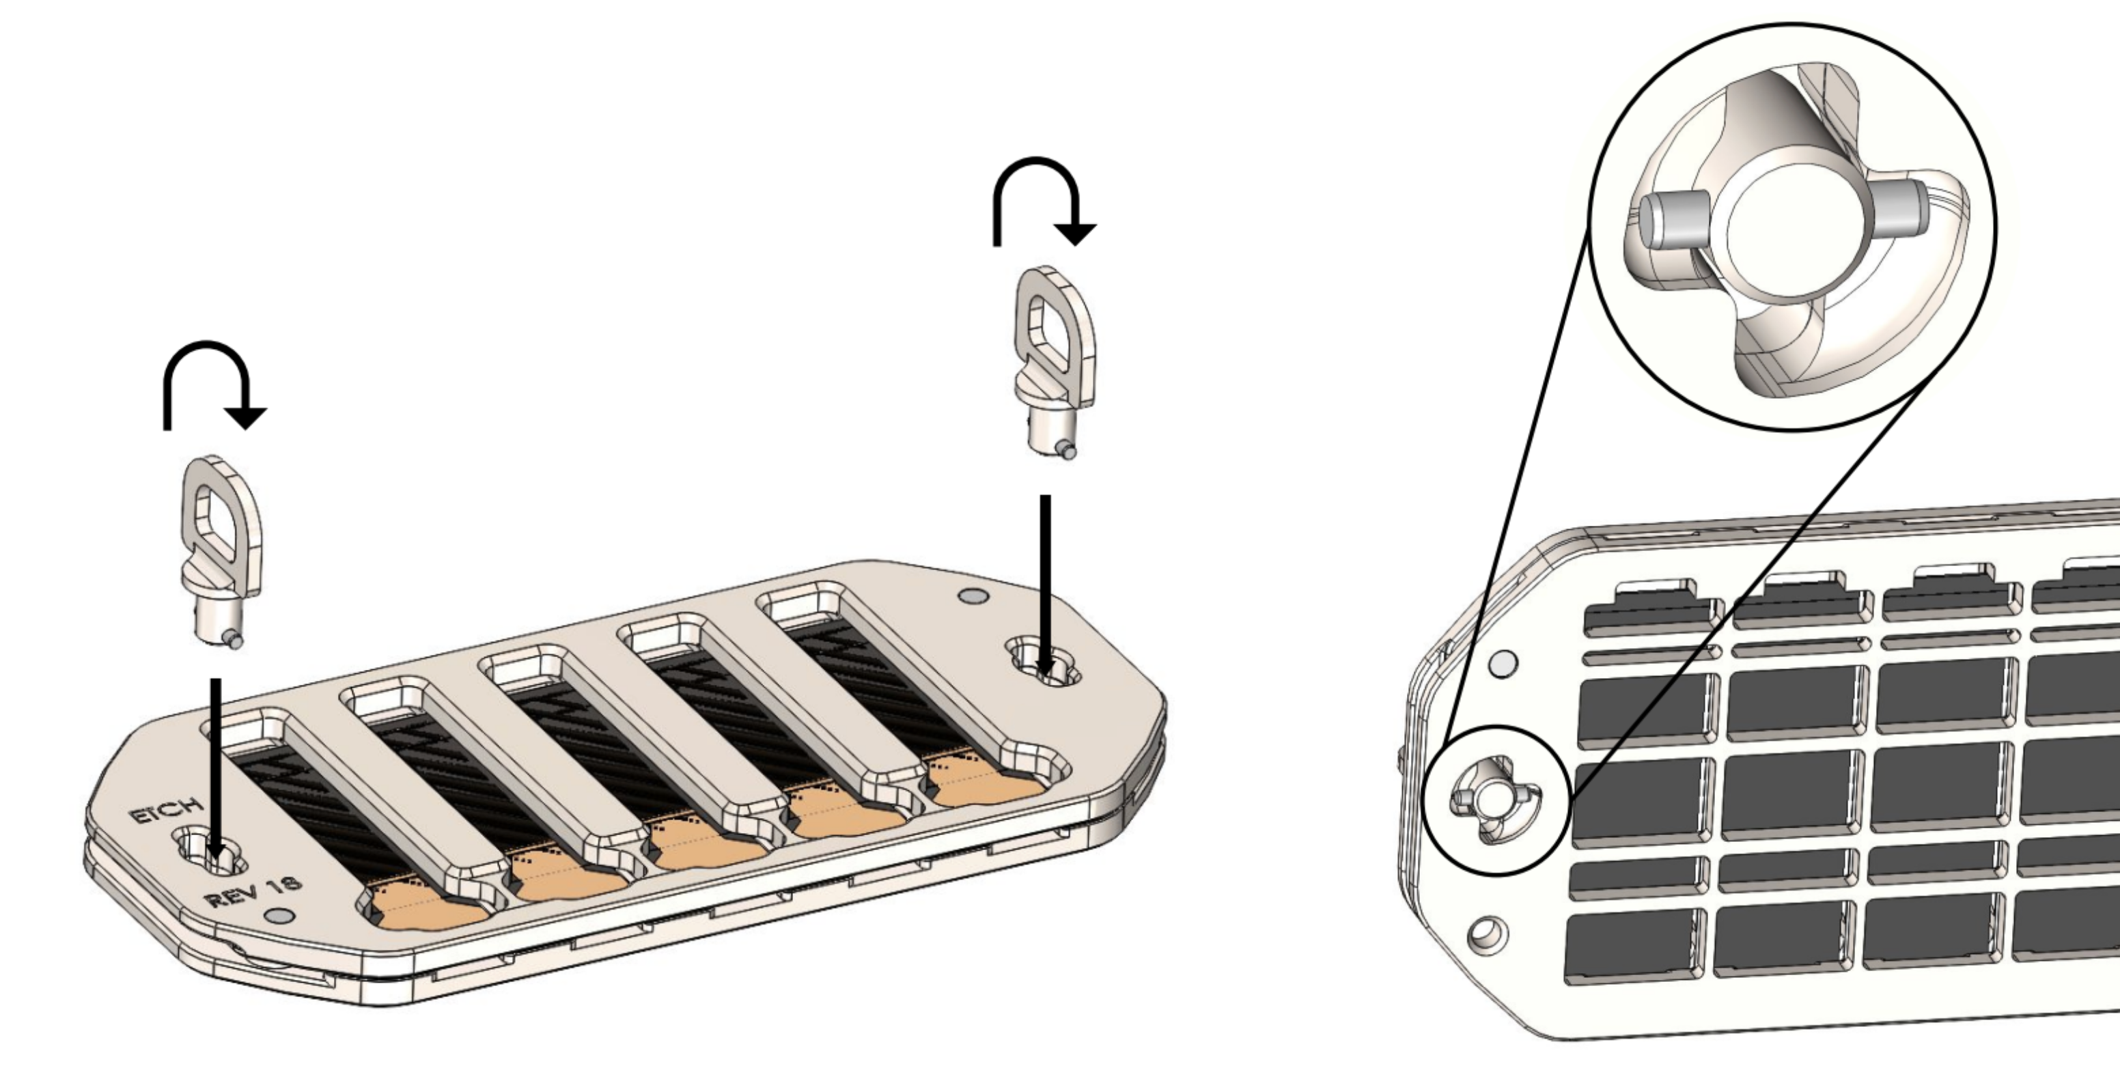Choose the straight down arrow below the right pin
click(x=1045, y=585)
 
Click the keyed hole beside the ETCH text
click(x=210, y=852)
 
